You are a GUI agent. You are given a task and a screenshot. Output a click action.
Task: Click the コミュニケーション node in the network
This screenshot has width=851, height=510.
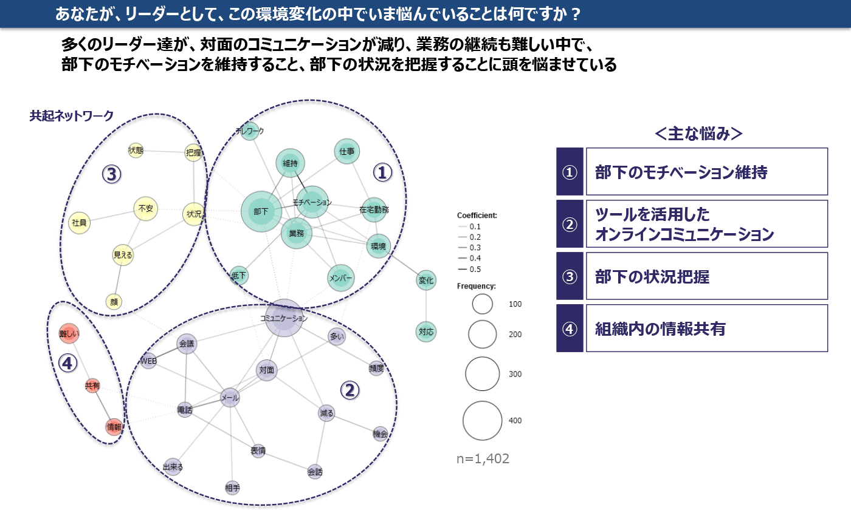[284, 318]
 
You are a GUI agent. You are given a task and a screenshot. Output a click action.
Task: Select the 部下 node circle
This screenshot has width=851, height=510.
[261, 212]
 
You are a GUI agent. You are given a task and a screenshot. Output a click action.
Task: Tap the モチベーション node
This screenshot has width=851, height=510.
[312, 202]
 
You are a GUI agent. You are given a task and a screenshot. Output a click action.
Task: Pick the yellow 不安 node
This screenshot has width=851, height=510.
[146, 209]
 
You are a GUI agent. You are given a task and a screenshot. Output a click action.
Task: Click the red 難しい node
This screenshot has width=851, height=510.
[69, 333]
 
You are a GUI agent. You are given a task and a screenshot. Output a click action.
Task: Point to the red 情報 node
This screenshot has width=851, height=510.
[114, 427]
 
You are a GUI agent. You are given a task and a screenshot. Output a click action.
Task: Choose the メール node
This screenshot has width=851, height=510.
[230, 398]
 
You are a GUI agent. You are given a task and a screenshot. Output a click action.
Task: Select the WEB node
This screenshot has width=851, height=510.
[149, 361]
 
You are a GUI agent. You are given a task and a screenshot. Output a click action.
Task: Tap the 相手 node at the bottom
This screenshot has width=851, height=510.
[232, 488]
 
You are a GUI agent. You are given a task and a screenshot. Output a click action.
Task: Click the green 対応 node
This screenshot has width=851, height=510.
[426, 331]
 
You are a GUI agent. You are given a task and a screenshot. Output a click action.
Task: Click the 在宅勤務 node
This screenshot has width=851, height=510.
[374, 210]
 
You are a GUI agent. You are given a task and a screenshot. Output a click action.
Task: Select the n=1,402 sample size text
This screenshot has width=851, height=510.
[483, 459]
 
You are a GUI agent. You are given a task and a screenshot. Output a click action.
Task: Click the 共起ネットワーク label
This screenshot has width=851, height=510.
[72, 116]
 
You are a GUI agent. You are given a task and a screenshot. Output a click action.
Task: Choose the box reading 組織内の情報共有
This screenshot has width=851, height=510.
[706, 328]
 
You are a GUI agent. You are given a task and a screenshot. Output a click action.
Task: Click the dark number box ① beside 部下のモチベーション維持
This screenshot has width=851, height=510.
[570, 172]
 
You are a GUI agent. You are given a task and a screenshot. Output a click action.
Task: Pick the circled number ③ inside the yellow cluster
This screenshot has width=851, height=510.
[111, 174]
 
